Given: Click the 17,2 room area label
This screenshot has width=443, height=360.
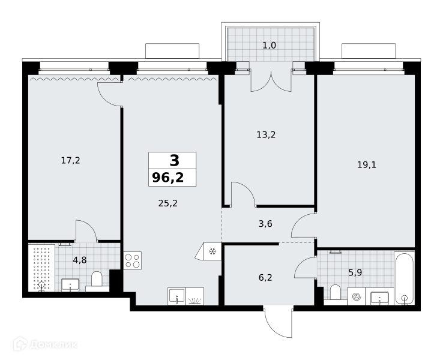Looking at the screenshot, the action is (x=71, y=161).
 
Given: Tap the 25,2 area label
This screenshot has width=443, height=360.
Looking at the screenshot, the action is (x=168, y=203).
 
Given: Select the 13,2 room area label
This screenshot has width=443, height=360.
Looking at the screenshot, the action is (x=266, y=134).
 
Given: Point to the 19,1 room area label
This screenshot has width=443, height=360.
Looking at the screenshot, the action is (x=367, y=164).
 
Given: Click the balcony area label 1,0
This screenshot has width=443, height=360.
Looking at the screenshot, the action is (x=270, y=45).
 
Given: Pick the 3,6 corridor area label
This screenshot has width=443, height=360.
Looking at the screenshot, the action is (x=265, y=224).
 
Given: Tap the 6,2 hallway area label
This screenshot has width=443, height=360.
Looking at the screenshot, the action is (x=265, y=278).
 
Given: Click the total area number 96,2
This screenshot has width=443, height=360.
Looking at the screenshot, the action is (x=168, y=178).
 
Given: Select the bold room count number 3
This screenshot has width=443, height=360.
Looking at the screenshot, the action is (x=174, y=160).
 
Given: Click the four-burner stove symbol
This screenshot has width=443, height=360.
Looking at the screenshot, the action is (x=133, y=260).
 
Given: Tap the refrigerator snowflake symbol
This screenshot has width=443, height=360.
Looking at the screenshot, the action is (x=212, y=251).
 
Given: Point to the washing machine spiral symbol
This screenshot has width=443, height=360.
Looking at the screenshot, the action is (x=356, y=296).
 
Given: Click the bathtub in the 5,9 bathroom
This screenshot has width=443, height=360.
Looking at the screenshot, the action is (x=405, y=278).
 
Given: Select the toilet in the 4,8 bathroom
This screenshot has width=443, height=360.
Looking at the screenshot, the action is (x=97, y=280).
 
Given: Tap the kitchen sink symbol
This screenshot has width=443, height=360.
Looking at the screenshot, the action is (x=176, y=296).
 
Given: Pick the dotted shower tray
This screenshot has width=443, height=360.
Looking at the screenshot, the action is (x=41, y=268).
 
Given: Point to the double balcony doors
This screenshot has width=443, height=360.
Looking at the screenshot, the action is (x=271, y=81).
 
